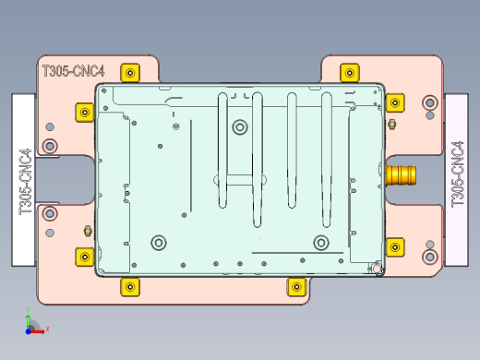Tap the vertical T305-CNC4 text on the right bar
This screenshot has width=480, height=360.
[x=457, y=174]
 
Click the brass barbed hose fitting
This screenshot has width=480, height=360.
[x=402, y=174]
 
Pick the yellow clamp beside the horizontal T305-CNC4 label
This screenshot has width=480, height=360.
[x=131, y=72]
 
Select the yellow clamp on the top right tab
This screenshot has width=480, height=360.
[x=348, y=72]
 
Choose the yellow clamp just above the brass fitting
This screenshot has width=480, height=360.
[x=394, y=102]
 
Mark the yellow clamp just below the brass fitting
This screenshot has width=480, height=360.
[x=394, y=246]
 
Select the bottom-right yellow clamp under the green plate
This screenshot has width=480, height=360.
[x=295, y=286]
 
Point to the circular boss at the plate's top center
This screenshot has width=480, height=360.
[x=240, y=126]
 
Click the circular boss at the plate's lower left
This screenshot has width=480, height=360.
[x=159, y=243]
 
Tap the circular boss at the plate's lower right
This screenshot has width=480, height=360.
[x=321, y=243]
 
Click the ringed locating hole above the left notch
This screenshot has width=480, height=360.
[x=49, y=145]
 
